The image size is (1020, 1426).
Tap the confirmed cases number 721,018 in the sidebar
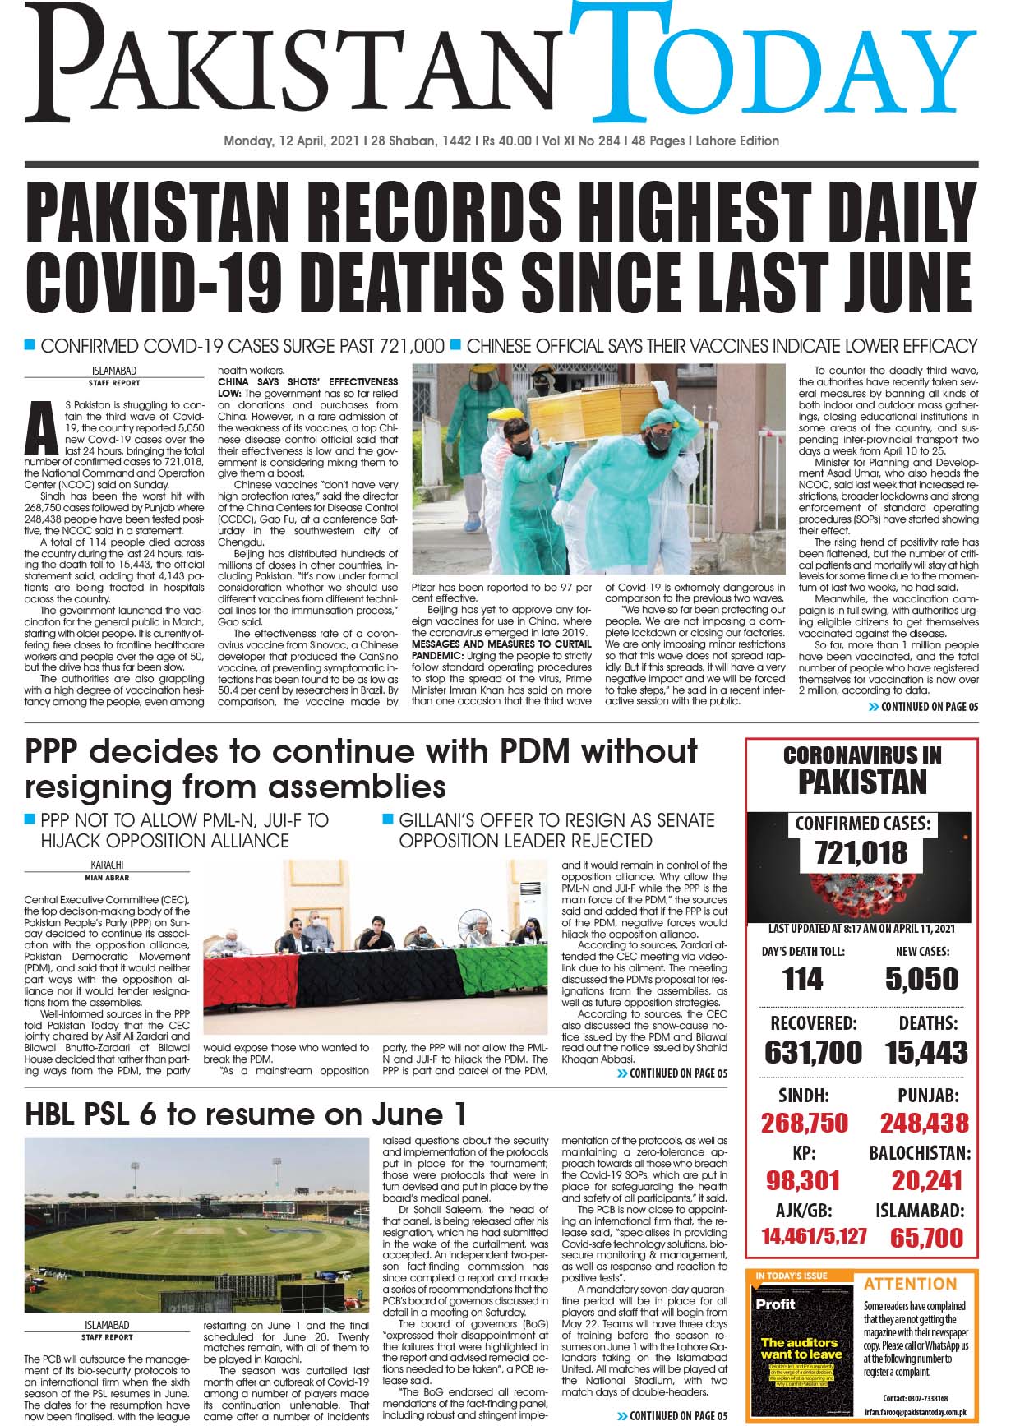(x=861, y=854)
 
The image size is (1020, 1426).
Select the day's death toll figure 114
(x=802, y=979)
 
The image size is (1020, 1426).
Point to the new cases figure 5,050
(x=921, y=979)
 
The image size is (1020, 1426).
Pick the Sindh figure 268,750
(x=804, y=1123)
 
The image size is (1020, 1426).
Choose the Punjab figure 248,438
(x=924, y=1123)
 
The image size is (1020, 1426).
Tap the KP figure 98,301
(x=803, y=1180)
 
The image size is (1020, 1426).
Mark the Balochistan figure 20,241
(x=926, y=1180)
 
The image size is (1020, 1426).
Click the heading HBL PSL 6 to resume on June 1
(x=247, y=1114)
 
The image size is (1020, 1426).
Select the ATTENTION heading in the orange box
(x=911, y=1284)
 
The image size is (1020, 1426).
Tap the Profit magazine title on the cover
(x=776, y=1304)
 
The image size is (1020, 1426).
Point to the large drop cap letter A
(x=36, y=427)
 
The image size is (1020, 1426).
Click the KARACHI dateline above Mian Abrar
(x=107, y=865)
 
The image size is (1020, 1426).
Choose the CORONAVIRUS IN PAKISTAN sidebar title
(x=861, y=768)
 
